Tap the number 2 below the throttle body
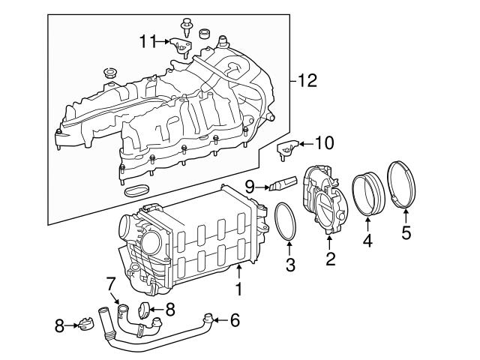(329, 260)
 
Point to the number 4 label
(367, 241)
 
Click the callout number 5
(406, 233)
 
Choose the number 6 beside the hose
(235, 322)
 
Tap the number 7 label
(109, 283)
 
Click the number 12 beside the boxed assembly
(303, 78)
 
